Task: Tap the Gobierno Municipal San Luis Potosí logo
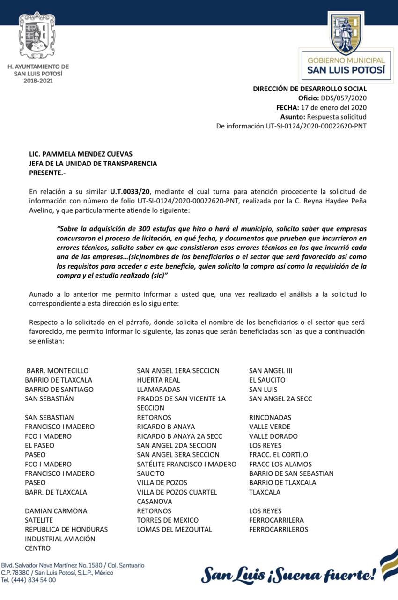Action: tap(346, 47)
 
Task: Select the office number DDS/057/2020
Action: tap(343, 98)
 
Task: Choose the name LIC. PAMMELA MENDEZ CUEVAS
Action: tap(81, 154)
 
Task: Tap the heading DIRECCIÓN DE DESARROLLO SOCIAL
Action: tap(310, 89)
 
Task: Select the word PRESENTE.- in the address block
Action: tap(47, 173)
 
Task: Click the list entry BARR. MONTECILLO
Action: tap(57, 371)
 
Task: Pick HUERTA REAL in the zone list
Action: tap(158, 380)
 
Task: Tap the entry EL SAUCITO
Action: tap(267, 380)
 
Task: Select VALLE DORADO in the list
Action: tap(273, 436)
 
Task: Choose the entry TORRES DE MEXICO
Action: tap(168, 520)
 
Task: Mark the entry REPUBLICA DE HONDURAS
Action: tap(66, 530)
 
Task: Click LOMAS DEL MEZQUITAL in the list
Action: tap(174, 530)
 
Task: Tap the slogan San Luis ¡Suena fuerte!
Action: tap(288, 574)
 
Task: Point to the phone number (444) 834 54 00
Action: tap(33, 580)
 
